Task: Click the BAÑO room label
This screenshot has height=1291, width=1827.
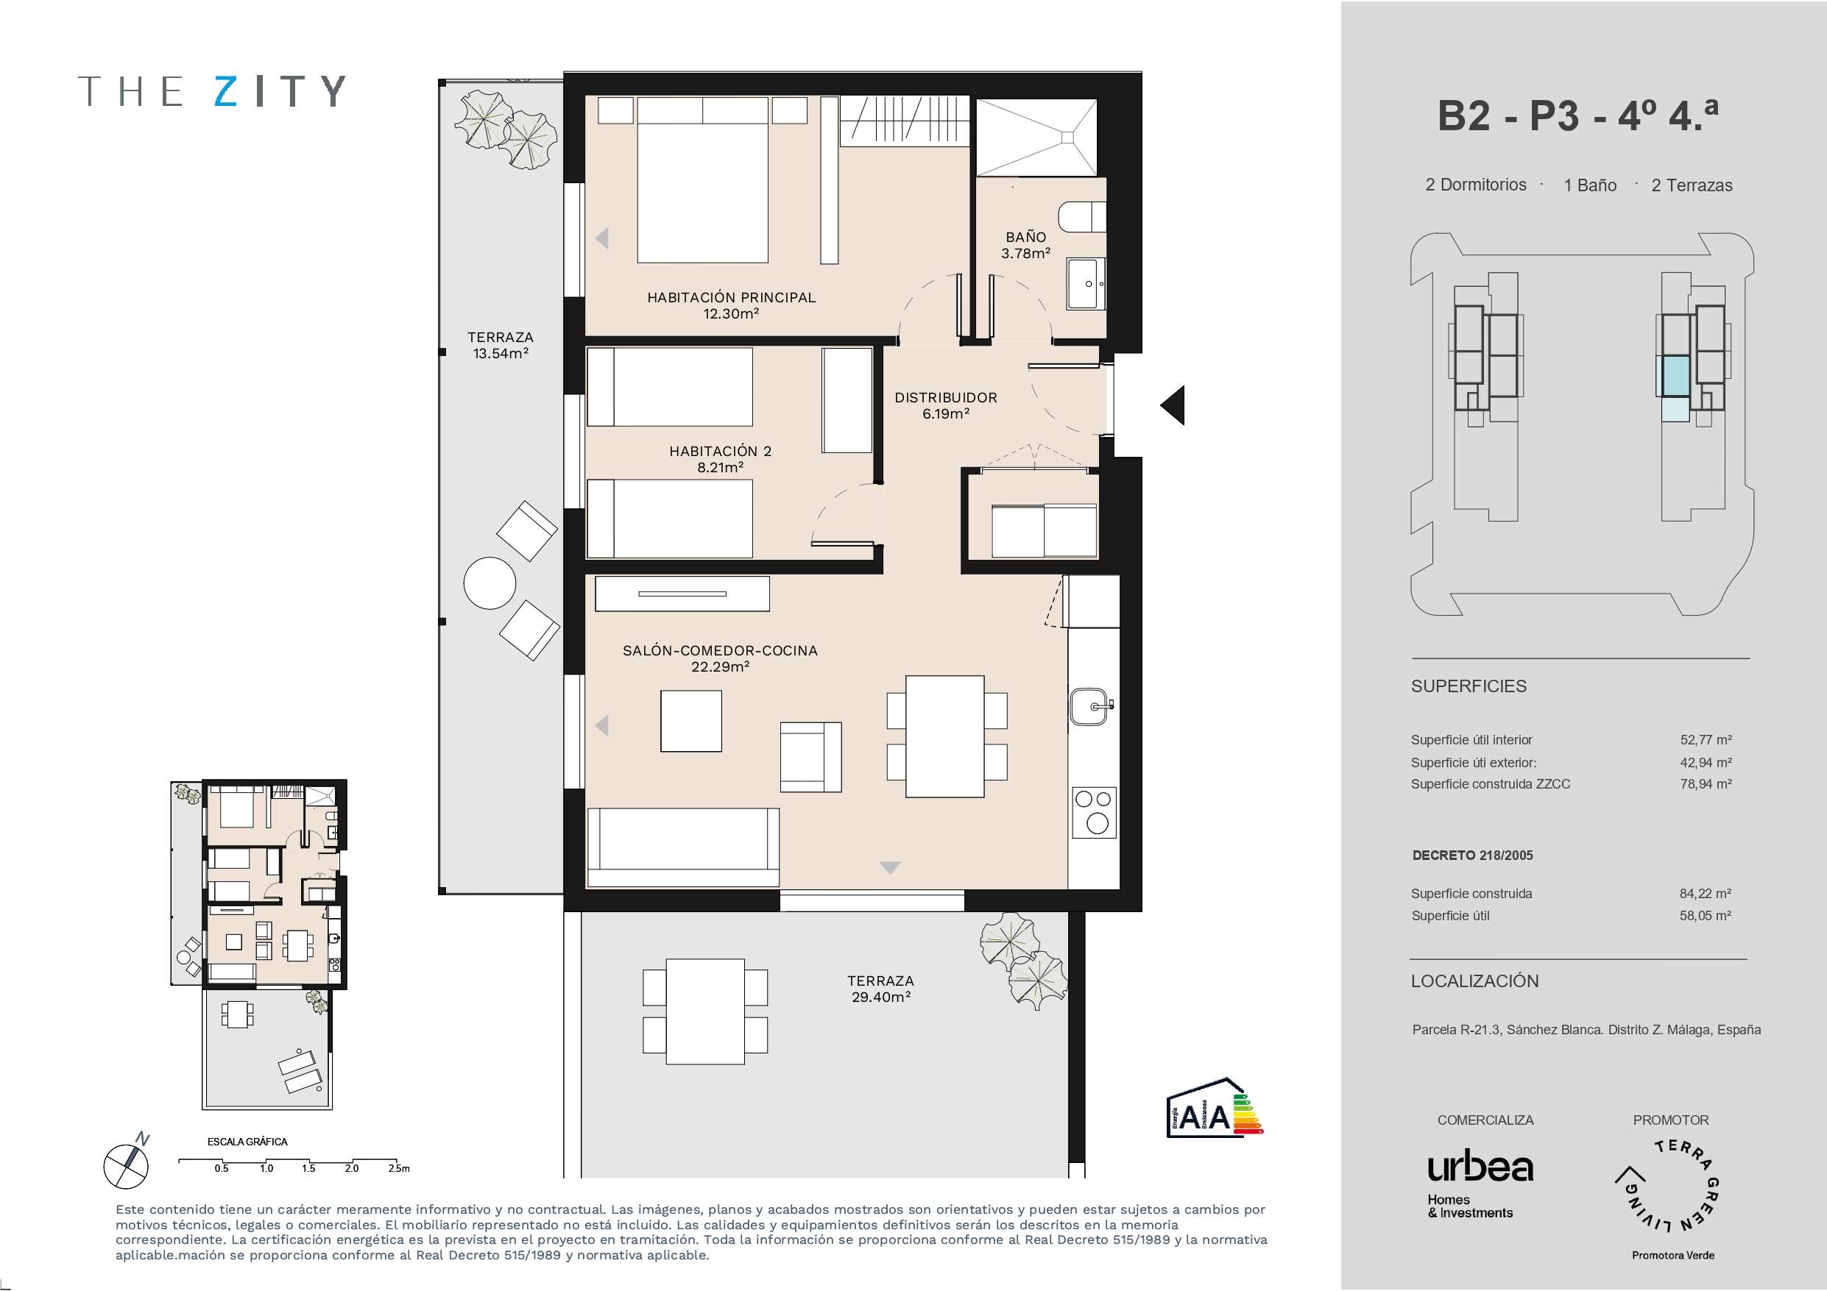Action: pyautogui.click(x=1025, y=237)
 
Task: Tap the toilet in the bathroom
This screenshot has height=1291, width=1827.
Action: pyautogui.click(x=1081, y=216)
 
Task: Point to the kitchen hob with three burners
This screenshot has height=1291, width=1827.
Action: pyautogui.click(x=1094, y=812)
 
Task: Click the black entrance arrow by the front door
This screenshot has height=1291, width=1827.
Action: pyautogui.click(x=1172, y=405)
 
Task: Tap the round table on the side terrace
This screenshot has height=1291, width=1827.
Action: pyautogui.click(x=490, y=583)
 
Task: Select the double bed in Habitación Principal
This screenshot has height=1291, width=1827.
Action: pyautogui.click(x=703, y=179)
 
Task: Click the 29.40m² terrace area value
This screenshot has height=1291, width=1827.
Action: pyautogui.click(x=881, y=997)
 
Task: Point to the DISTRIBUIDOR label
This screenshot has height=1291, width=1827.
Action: pyautogui.click(x=945, y=398)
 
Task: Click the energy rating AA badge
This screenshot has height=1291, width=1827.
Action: pyautogui.click(x=1215, y=1108)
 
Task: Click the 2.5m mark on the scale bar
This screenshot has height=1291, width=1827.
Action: pyautogui.click(x=399, y=1168)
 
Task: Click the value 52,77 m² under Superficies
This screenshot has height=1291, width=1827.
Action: pyautogui.click(x=1706, y=740)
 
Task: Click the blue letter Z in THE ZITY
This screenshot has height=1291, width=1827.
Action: pyautogui.click(x=227, y=91)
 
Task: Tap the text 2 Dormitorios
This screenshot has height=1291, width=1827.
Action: pyautogui.click(x=1476, y=185)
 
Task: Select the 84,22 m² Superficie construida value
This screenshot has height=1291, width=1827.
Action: pyautogui.click(x=1706, y=894)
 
